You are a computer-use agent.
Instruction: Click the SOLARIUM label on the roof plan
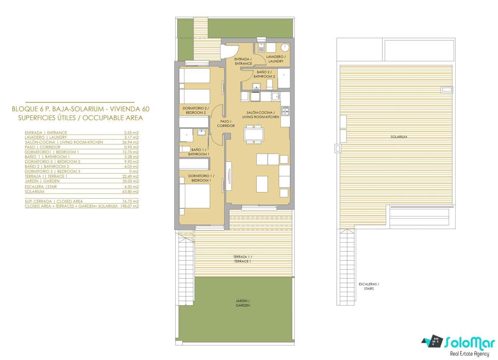point(398,137)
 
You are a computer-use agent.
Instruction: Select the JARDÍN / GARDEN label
point(242,303)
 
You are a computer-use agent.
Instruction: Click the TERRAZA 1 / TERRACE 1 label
point(242,259)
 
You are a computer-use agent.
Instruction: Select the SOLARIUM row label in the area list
point(34,191)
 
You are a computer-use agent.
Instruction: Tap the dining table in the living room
point(254,135)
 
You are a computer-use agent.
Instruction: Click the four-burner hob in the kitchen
point(285,111)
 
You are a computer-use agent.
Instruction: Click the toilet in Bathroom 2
point(269,84)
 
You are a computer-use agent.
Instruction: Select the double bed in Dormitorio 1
point(195,196)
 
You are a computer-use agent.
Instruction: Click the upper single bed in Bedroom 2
point(195,76)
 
